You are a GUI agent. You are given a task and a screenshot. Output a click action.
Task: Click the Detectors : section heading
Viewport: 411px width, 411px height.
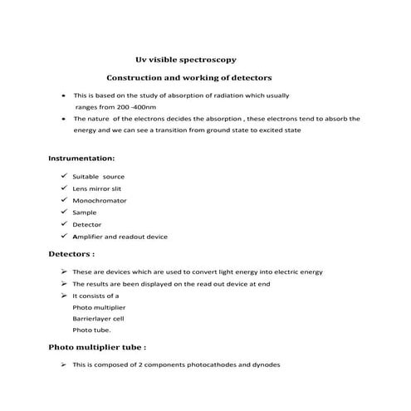pyautogui.click(x=71, y=253)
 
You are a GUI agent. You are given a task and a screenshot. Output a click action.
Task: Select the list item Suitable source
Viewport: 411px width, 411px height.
pyautogui.click(x=99, y=177)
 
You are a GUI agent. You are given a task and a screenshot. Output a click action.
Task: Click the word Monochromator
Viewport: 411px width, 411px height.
pyautogui.click(x=99, y=200)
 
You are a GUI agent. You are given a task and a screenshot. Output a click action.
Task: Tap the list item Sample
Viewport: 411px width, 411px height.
pyautogui.click(x=85, y=213)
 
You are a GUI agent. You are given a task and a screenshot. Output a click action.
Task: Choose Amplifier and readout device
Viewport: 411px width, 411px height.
pyautogui.click(x=120, y=237)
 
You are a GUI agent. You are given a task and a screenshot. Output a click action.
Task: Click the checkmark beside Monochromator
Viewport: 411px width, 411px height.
pyautogui.click(x=64, y=200)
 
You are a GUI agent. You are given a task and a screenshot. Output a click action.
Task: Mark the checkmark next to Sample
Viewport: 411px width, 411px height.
pyautogui.click(x=64, y=212)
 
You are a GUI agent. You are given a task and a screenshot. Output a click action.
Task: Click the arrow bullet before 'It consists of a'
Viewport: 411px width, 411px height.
pyautogui.click(x=64, y=295)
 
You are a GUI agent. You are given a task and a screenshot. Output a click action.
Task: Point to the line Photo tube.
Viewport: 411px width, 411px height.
pyautogui.click(x=91, y=330)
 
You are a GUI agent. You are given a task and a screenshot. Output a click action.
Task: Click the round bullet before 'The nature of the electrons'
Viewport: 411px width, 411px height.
pyautogui.click(x=64, y=119)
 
